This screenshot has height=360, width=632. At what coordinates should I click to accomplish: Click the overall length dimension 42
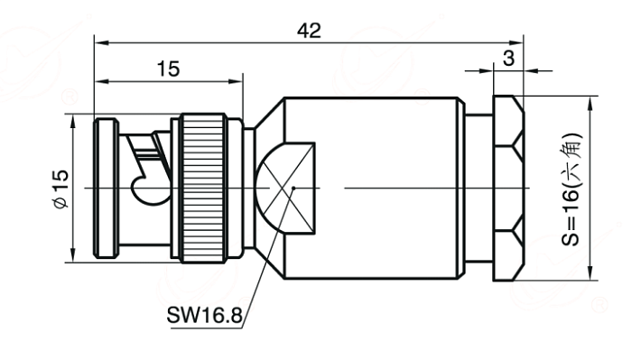tap(309, 31)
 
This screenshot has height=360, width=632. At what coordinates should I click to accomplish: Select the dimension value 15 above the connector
tap(168, 69)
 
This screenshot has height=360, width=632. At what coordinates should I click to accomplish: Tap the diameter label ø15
tap(60, 189)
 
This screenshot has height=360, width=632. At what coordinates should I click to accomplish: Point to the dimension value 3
tap(508, 59)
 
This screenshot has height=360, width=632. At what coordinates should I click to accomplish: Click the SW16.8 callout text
tap(204, 315)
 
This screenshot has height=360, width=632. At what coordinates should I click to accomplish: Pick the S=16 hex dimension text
tap(572, 189)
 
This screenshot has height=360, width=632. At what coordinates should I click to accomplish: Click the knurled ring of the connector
tap(203, 189)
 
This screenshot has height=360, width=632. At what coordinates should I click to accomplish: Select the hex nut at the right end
tap(508, 188)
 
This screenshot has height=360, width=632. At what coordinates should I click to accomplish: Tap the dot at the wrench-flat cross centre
tap(293, 188)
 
